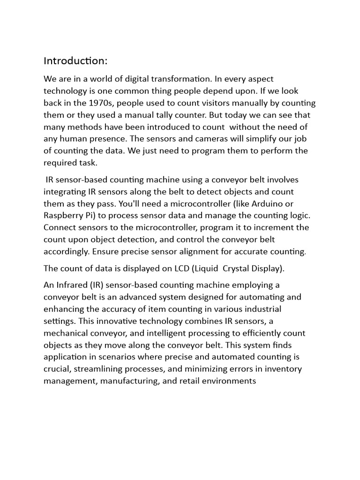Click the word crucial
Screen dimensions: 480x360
(x=57, y=369)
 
